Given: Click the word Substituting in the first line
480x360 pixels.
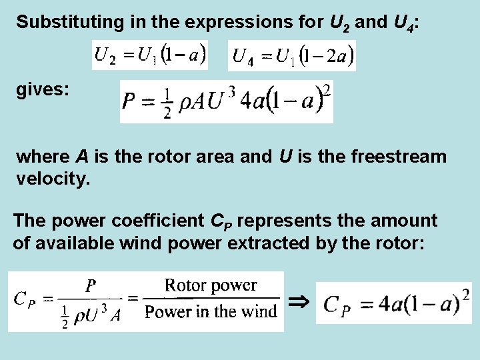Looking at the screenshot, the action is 59,21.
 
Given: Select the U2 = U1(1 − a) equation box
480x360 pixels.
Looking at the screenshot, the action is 150,55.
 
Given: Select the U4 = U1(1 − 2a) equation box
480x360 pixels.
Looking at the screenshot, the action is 292,55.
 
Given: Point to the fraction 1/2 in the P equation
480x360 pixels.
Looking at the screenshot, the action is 167,103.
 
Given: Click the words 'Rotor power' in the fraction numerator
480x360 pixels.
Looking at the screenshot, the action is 211,286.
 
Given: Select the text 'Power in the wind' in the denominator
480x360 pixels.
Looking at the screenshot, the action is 211,311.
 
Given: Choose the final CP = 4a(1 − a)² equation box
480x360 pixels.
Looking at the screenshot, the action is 393,303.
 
